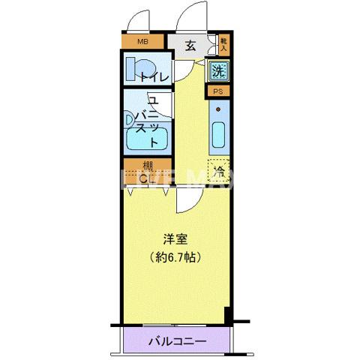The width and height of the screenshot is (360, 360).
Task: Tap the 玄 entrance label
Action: [190, 45]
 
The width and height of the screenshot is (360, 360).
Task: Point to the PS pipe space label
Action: [218, 91]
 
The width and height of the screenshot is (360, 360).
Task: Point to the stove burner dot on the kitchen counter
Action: [218, 109]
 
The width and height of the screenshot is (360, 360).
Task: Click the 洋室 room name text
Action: [177, 240]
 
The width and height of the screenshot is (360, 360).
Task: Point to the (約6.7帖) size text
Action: [177, 256]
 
